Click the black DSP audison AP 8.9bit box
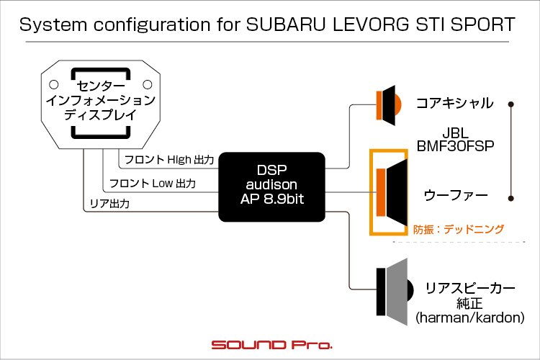point(271,186)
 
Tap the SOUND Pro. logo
point(271,344)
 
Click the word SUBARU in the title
point(286,24)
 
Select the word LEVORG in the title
point(371,24)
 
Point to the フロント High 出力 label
point(169,160)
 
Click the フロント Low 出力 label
point(153,184)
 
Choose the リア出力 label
point(109,204)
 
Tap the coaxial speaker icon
point(389,105)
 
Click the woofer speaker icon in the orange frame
point(392,192)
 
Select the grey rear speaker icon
point(395,292)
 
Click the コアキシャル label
point(455,103)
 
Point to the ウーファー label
point(456,195)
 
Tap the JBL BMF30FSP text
point(455,140)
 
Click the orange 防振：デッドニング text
point(459,230)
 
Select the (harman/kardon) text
point(469,318)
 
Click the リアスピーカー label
point(470,288)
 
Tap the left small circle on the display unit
point(54,84)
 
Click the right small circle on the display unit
point(148,84)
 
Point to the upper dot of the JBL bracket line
point(511,104)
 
